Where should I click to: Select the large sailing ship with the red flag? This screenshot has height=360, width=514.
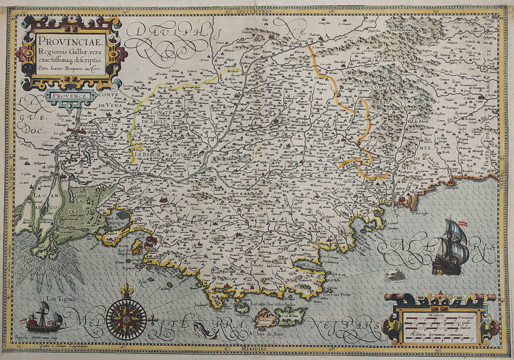(x=452, y=248)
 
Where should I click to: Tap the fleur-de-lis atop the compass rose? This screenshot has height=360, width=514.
(x=126, y=290)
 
